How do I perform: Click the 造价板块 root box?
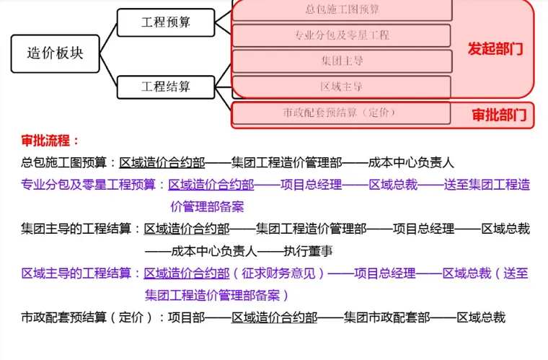pos(55,53)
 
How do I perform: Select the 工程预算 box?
pos(166,22)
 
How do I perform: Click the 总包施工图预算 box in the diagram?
pos(342,10)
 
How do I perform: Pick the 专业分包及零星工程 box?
pos(342,35)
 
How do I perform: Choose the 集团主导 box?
pos(342,61)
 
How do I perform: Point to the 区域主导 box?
pos(342,87)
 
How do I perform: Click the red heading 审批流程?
pos(50,141)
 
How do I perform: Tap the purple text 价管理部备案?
pos(207,207)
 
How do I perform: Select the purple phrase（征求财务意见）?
pos(279,273)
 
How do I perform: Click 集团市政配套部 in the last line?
pos(386,317)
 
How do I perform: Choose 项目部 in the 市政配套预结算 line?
pos(189,317)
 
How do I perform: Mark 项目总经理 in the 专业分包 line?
pos(311,185)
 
